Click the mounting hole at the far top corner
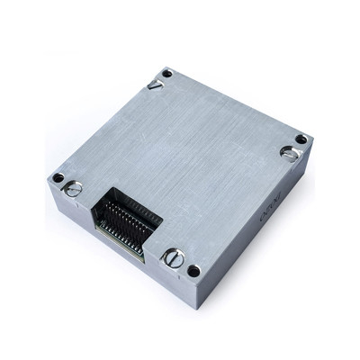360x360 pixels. (x=166, y=73)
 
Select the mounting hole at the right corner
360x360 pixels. (x=301, y=139)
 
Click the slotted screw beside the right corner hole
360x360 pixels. (x=290, y=153)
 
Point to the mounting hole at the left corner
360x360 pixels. (x=58, y=177)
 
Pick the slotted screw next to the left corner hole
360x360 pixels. (x=75, y=188)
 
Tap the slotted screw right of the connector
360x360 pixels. (x=174, y=258)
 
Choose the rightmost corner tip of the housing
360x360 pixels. (x=311, y=144)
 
